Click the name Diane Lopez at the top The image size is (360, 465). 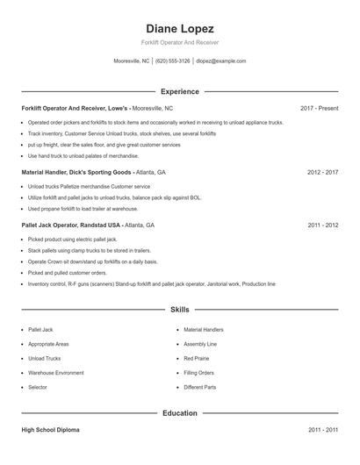click(x=179, y=29)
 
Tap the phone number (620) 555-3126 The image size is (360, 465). click(x=173, y=61)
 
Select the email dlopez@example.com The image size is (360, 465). click(x=220, y=61)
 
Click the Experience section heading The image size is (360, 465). click(x=179, y=91)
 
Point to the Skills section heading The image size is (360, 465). click(x=179, y=310)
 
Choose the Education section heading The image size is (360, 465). click(x=179, y=412)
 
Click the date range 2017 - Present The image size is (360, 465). click(x=319, y=108)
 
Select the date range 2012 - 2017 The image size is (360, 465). click(x=322, y=173)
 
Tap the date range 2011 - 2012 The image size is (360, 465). click(x=322, y=225)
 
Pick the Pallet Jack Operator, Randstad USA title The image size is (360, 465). click(x=71, y=225)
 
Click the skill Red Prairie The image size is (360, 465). click(x=197, y=358)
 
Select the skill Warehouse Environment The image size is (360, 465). click(x=55, y=373)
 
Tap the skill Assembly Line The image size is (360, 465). click(x=199, y=344)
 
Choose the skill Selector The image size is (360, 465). click(x=38, y=387)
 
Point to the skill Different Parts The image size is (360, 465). click(x=199, y=387)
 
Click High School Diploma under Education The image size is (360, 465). click(x=50, y=430)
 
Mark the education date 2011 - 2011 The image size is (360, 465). click(x=322, y=430)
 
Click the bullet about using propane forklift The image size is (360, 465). click(x=83, y=209)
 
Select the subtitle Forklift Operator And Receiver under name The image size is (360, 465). click(x=179, y=43)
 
